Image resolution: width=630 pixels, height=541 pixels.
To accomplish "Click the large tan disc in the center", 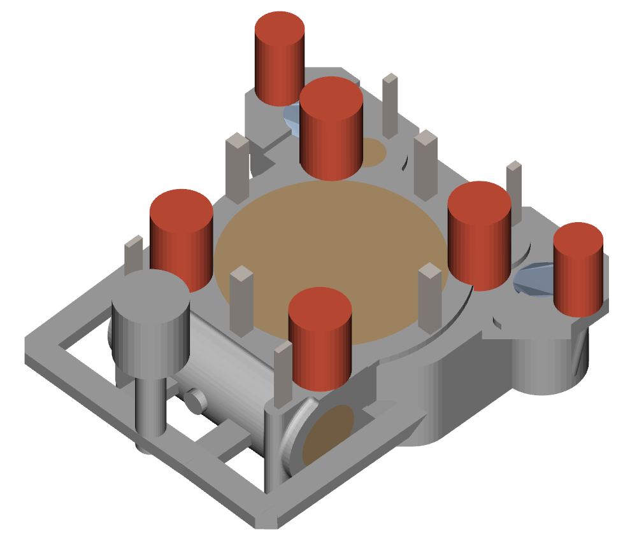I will point(331,255).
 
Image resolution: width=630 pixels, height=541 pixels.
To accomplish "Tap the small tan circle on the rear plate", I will point(373,153).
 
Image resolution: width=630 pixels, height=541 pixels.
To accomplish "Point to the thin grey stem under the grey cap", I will point(150,407).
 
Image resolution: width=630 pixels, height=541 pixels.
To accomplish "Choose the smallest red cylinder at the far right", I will point(577,270).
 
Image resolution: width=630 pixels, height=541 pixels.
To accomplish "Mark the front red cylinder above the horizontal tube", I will point(320,341).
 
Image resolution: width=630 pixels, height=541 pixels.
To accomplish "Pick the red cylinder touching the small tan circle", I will point(331,130).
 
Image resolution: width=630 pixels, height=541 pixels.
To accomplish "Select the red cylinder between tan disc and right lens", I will point(479,235).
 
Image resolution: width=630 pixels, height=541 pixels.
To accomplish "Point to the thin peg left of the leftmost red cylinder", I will point(133,255).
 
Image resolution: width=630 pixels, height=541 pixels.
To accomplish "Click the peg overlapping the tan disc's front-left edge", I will point(241,302).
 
